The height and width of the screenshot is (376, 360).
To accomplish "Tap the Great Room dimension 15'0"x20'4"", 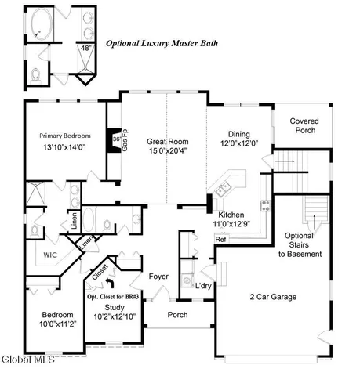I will coord(165,152).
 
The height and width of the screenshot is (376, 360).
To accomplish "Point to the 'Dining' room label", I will coord(239,134).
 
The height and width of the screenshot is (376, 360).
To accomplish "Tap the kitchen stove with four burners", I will coord(266,206).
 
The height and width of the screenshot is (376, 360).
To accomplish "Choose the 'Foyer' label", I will coord(159,276).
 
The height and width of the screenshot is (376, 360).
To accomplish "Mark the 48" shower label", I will coord(85,47).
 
